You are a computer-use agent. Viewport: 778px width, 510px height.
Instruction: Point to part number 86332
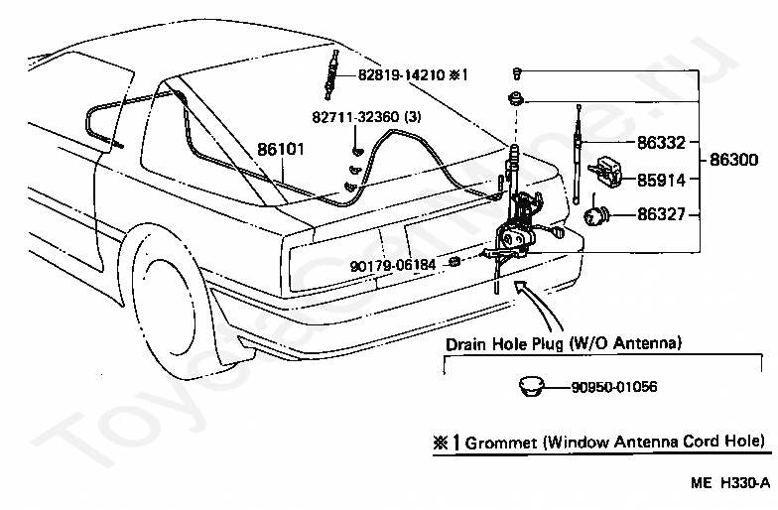click(662, 143)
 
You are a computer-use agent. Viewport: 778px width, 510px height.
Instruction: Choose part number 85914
click(662, 181)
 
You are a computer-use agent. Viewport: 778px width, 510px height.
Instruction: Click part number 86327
click(662, 213)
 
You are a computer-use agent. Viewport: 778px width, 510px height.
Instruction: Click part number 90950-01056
click(614, 388)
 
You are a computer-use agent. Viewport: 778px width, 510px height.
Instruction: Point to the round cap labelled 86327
click(597, 213)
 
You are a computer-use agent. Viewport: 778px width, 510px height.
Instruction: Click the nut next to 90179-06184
click(454, 262)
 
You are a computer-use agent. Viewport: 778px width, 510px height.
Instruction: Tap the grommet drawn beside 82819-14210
click(334, 74)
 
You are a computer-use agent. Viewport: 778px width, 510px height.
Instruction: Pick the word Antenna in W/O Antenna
click(646, 342)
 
